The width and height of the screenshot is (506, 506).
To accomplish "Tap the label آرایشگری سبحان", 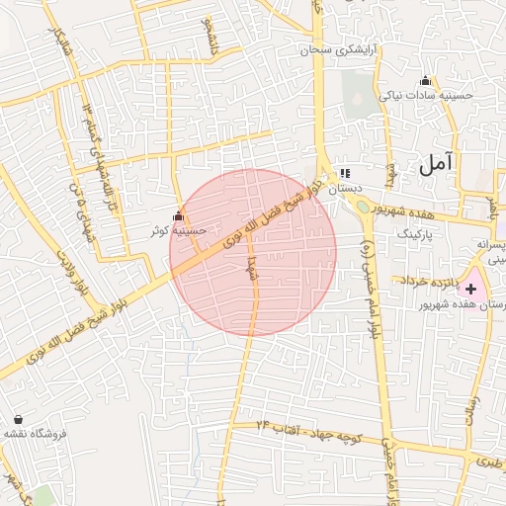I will pyautogui.click(x=343, y=49).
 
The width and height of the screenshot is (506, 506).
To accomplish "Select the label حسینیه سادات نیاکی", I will pyautogui.click(x=426, y=96).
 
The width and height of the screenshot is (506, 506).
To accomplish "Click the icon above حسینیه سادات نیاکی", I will pyautogui.click(x=426, y=81).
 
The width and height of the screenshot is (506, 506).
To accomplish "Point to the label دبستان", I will pyautogui.click(x=346, y=187).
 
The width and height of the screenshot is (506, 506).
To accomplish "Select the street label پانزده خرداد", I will pyautogui.click(x=426, y=281).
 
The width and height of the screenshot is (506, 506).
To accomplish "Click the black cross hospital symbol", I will pyautogui.click(x=471, y=290).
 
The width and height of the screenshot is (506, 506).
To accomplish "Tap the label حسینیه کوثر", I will pyautogui.click(x=178, y=230).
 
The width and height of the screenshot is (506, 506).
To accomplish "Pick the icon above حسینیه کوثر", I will pyautogui.click(x=178, y=215).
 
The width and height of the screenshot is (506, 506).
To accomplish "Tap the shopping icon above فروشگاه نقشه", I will pyautogui.click(x=18, y=419).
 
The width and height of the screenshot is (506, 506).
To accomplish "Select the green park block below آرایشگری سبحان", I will pyautogui.click(x=355, y=95).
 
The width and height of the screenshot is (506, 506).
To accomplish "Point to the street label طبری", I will pyautogui.click(x=487, y=460).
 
